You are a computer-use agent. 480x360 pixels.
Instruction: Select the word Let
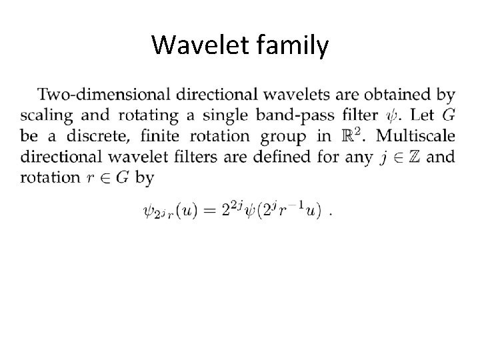tap(417, 115)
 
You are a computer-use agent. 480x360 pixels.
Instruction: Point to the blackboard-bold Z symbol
tap(410, 157)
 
